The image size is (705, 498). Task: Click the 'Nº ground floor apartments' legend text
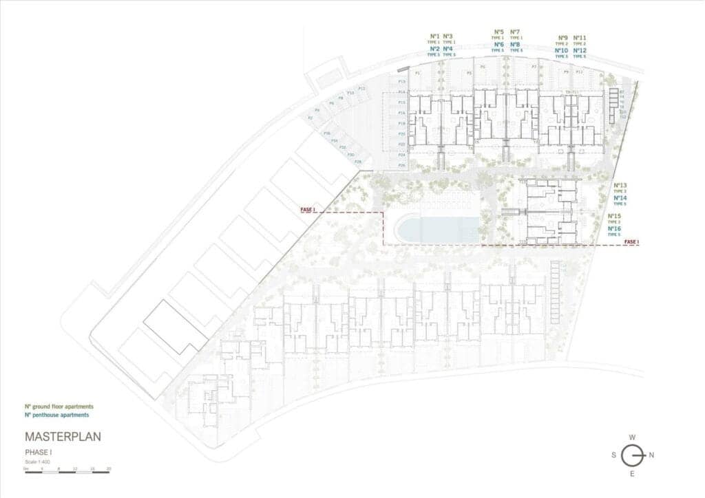59,407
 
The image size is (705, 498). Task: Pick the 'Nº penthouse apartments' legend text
56,415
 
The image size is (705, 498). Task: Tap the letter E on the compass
632,474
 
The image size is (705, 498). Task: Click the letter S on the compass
613,455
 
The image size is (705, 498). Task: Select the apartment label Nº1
434,36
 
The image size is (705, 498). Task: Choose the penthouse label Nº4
448,49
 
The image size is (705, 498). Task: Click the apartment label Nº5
498,32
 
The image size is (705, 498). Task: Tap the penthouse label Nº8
515,44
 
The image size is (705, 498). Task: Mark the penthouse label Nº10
561,50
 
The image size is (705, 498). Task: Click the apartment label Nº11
580,38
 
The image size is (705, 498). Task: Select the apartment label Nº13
620,186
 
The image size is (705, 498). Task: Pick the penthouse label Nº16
615,228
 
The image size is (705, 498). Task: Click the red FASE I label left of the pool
307,210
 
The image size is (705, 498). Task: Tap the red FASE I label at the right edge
631,241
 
